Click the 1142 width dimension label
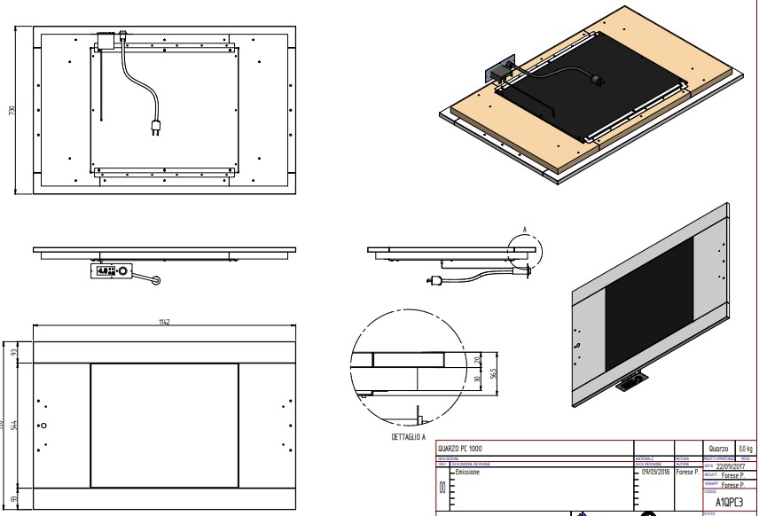(x=164, y=322)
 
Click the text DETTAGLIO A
(x=408, y=437)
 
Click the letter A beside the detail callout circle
(x=525, y=230)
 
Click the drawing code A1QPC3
(x=729, y=500)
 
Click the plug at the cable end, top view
(x=156, y=128)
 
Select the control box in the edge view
(x=110, y=270)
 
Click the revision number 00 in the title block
(x=443, y=489)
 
